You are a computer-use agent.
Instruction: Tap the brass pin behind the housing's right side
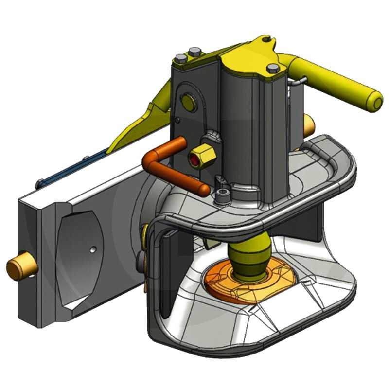tap(308, 126)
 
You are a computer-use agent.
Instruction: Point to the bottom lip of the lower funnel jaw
tap(258, 343)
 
